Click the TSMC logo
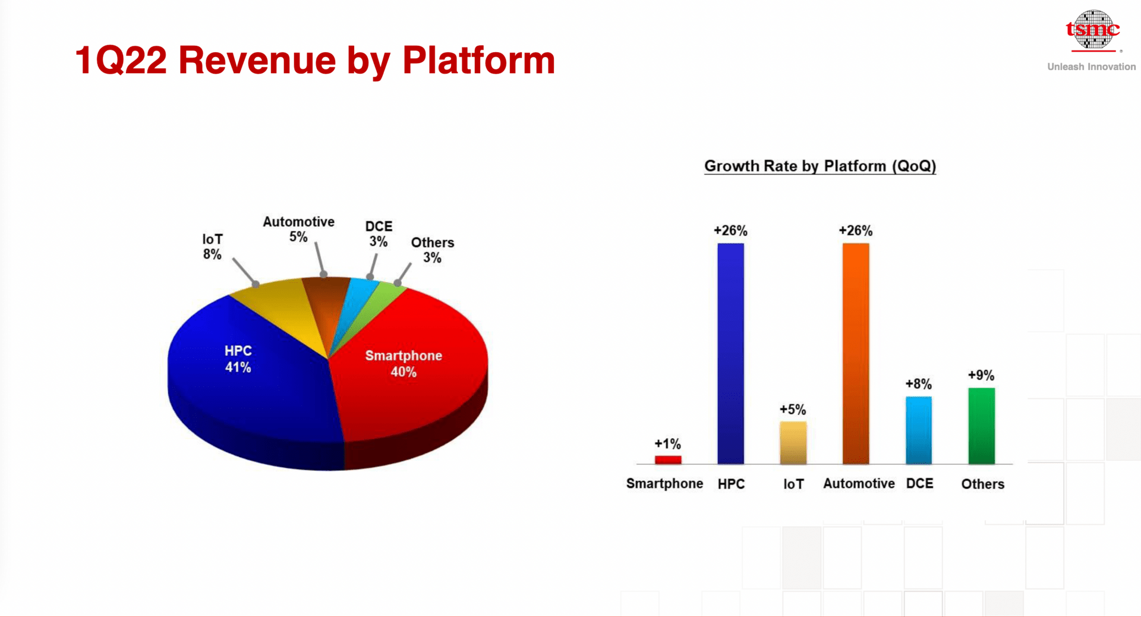[1093, 30]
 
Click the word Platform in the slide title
[478, 61]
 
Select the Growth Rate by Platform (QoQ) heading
[820, 166]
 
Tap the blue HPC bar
[730, 353]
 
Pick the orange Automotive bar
[856, 353]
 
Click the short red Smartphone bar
[668, 459]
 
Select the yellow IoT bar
[793, 442]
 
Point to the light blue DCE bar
[919, 430]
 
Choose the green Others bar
[982, 426]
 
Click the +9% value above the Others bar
[981, 375]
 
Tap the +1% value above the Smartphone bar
[668, 444]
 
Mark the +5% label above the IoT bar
[793, 410]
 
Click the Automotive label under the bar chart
[859, 484]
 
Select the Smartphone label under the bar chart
[664, 484]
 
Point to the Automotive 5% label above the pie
[298, 229]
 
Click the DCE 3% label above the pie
[379, 234]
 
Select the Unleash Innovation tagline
[1092, 67]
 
